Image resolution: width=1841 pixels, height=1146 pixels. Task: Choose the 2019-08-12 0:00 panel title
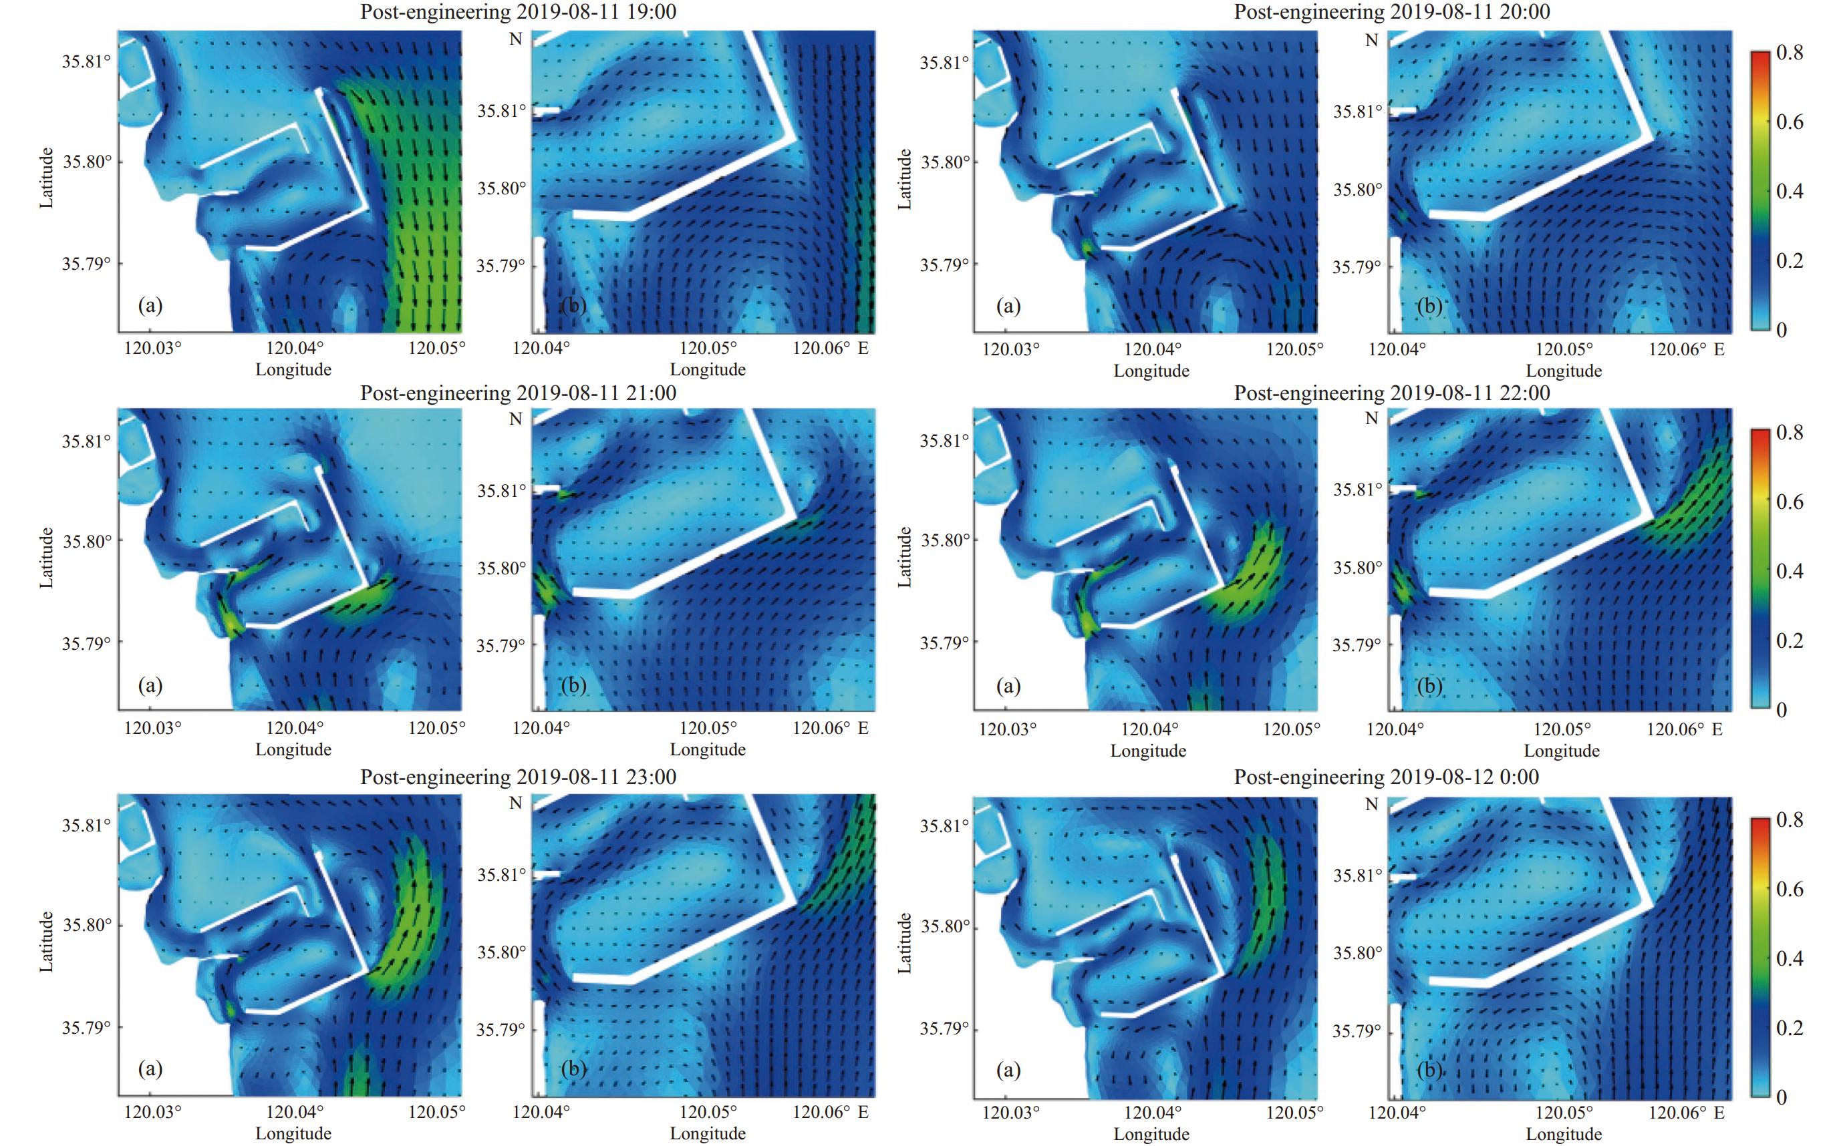point(1387,777)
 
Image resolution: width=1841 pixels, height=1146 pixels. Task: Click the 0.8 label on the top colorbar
point(1790,52)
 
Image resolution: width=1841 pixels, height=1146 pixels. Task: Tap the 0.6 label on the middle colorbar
point(1790,502)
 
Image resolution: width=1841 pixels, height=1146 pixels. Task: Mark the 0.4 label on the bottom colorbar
point(1790,958)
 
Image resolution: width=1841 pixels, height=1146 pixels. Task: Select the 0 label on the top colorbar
point(1782,330)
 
